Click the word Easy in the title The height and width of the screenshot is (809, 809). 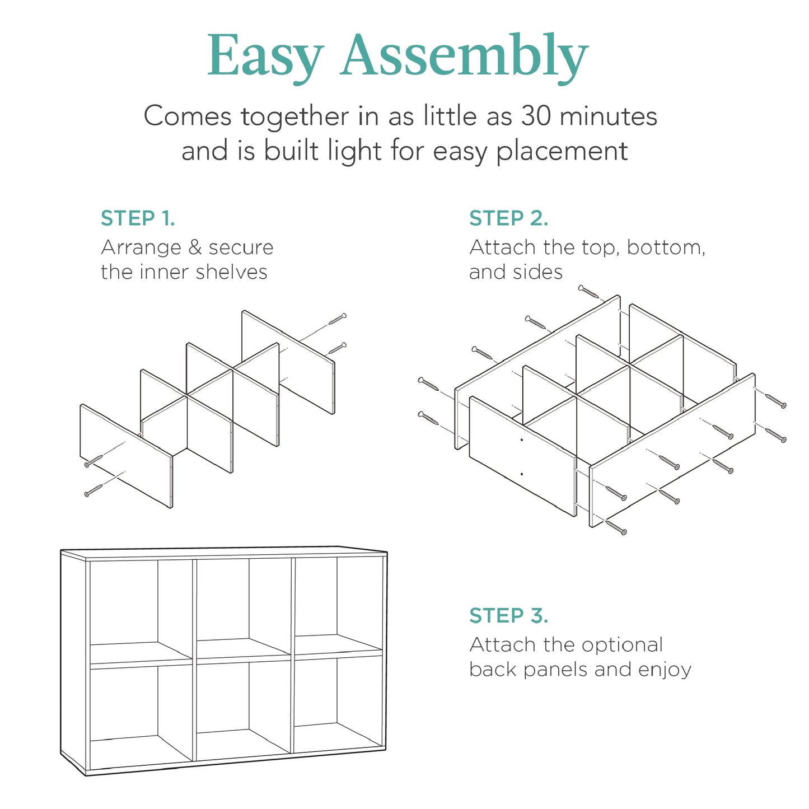[x=265, y=57]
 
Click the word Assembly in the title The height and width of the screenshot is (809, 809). [x=464, y=57]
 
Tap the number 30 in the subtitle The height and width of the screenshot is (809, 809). [x=536, y=116]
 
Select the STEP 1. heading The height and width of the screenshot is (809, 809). [x=138, y=218]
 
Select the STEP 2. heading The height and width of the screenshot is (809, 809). [x=508, y=218]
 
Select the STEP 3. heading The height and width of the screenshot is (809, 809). [x=508, y=615]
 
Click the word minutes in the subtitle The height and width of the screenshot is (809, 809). [x=609, y=116]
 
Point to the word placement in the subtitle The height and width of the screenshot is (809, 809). [x=562, y=151]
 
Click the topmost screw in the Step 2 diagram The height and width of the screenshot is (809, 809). [x=588, y=292]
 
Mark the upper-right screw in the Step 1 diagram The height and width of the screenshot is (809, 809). [x=338, y=319]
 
